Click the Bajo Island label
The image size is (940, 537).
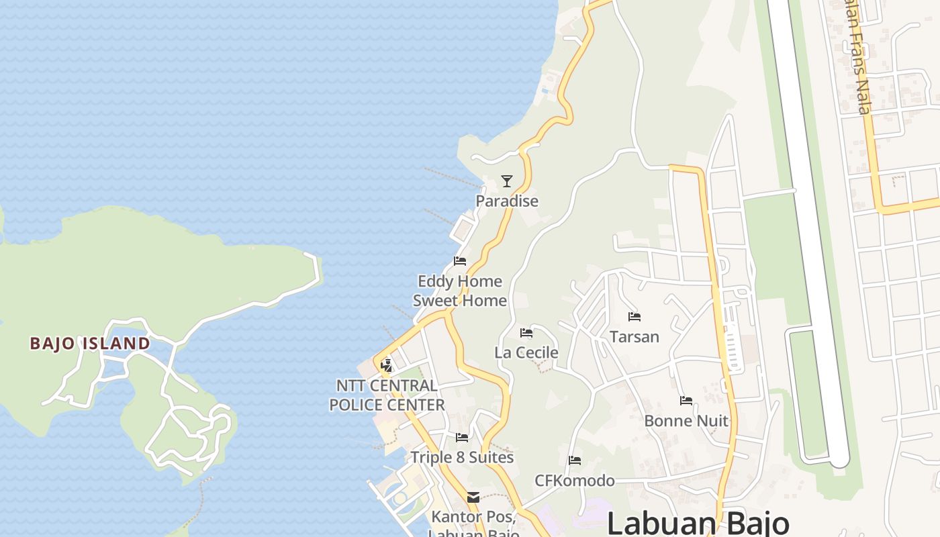[x=90, y=344]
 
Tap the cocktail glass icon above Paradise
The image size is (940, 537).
[x=507, y=181]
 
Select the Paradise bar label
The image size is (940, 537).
[x=507, y=201]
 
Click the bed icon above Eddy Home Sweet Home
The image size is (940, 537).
[x=460, y=260]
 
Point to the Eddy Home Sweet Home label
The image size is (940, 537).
[x=460, y=291]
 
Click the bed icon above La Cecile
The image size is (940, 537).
[x=526, y=333]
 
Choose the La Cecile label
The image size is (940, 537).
[x=526, y=352]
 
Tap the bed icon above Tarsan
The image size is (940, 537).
[x=634, y=317]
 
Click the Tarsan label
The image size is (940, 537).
[x=634, y=336]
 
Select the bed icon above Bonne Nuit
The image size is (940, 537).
[x=686, y=401]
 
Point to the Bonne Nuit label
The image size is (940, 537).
[x=686, y=421]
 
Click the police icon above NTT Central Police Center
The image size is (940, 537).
[x=386, y=366]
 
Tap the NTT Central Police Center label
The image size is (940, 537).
[x=387, y=395]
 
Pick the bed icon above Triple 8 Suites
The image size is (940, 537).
[x=462, y=438]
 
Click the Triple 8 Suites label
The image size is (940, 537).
[x=462, y=458]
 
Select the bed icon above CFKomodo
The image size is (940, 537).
[x=575, y=460]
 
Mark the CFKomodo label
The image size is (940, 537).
[x=575, y=481]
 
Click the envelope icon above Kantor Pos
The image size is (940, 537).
[x=473, y=497]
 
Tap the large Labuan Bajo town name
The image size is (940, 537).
[x=698, y=523]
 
